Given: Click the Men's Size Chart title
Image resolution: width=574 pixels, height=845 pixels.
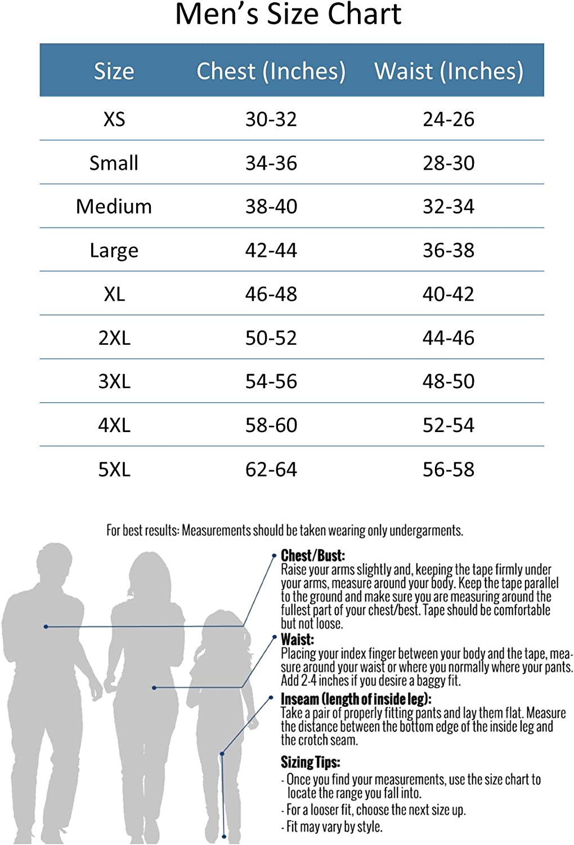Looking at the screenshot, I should [288, 15].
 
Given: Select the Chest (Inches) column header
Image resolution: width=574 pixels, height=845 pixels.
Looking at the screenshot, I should [271, 71].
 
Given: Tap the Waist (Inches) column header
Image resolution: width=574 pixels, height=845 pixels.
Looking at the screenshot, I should [449, 71].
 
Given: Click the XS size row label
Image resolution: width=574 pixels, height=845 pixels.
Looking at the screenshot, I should [114, 119].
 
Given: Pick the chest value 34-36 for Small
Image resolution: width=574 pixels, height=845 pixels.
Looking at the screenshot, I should [271, 163].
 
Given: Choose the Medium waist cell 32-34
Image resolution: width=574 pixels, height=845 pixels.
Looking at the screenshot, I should [449, 206].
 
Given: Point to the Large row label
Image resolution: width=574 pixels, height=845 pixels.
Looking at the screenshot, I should [114, 250].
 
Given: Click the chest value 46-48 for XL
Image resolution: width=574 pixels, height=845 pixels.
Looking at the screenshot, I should [271, 294].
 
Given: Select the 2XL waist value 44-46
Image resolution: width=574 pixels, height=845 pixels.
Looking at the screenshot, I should [449, 337].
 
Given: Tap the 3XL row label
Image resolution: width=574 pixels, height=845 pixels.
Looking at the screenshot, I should [114, 381].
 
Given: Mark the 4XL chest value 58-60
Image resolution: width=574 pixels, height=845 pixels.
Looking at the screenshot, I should [271, 425].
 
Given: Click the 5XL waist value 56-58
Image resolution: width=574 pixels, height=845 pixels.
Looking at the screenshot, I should [449, 469].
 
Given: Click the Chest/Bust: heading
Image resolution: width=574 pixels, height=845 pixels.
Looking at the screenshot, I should [313, 555].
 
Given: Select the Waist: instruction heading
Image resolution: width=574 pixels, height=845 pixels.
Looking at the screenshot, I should [297, 639].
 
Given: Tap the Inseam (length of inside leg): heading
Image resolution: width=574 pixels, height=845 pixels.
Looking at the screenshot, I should [356, 699].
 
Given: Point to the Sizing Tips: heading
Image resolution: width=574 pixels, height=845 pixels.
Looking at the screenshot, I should [310, 762].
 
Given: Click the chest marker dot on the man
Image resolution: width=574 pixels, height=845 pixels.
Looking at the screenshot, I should [46, 626].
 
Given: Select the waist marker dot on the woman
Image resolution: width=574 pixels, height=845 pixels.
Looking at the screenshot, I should [154, 688].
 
